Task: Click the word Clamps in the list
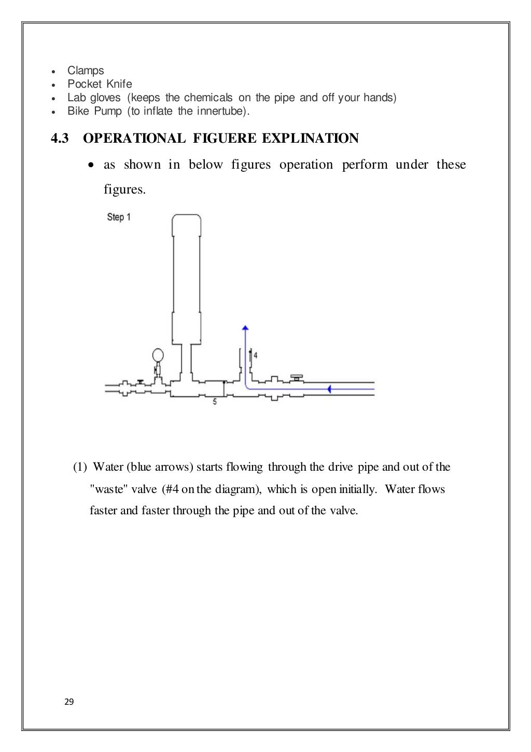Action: pos(86,71)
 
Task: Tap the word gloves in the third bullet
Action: pos(105,98)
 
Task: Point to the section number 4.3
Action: pos(59,139)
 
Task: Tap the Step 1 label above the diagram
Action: pos(119,217)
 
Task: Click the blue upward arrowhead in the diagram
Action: pos(245,327)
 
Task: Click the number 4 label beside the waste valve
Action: pos(256,356)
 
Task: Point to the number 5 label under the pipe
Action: pos(215,402)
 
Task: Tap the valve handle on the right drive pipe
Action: pos(297,376)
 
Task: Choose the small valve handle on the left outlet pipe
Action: pos(140,381)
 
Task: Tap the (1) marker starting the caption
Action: pos(80,467)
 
